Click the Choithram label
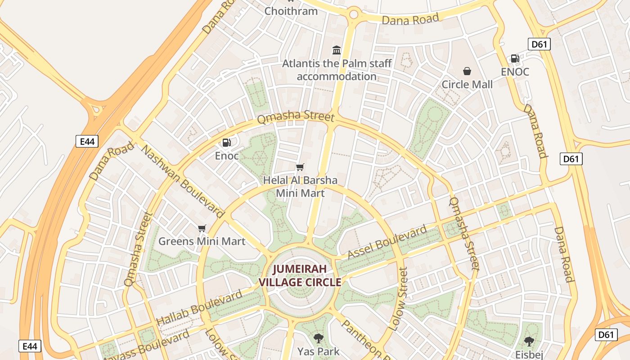[x=291, y=11]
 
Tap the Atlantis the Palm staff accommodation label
[x=337, y=70]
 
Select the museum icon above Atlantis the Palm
[x=337, y=50]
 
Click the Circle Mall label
[x=467, y=84]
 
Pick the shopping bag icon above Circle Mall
[x=467, y=71]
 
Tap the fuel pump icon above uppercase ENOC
[x=515, y=58]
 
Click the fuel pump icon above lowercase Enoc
[x=227, y=143]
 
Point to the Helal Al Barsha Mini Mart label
[x=300, y=187]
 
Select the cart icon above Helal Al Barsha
[x=300, y=167]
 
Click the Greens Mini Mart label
[x=202, y=241]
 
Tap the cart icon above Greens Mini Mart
[x=202, y=229]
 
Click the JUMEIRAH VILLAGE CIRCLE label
[x=300, y=276]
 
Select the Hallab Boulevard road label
[x=199, y=308]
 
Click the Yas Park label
[x=318, y=351]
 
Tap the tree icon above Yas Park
[x=318, y=338]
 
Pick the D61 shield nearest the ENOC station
[x=539, y=44]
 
